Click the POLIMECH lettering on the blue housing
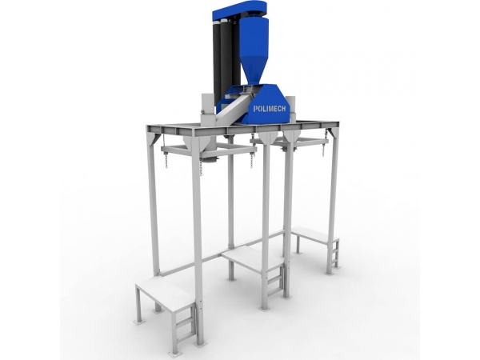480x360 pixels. click(x=270, y=109)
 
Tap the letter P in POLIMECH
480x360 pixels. click(x=255, y=109)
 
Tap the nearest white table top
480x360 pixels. click(x=165, y=293)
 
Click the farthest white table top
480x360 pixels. click(x=314, y=234)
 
